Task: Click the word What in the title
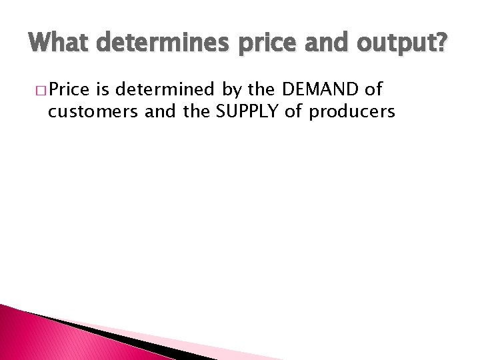click(61, 45)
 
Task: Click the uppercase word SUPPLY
click(247, 111)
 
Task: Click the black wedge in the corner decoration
click(100, 333)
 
